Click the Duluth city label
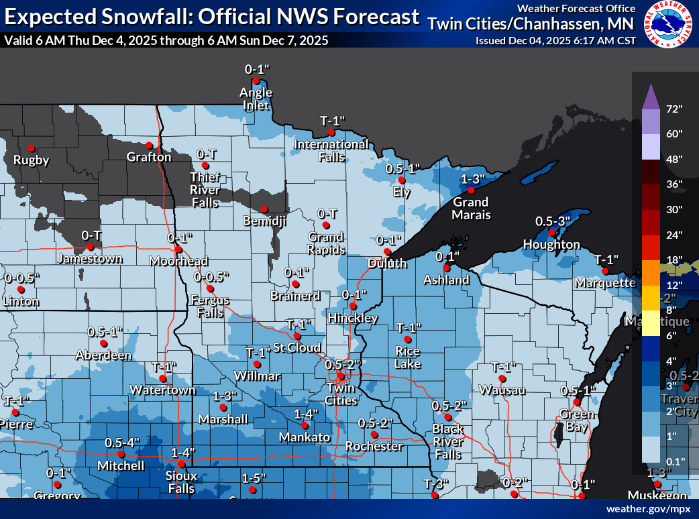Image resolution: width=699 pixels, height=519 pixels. point(387,264)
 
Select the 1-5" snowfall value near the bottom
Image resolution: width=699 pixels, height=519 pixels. point(254,478)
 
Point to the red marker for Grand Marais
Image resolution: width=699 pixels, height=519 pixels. point(472,190)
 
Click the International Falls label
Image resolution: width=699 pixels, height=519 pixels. point(331,150)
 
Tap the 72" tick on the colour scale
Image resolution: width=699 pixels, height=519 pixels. point(674,109)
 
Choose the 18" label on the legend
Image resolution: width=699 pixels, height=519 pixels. point(674,259)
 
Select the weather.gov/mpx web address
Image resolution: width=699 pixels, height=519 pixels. point(648,509)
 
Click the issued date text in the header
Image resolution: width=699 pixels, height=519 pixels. point(555,40)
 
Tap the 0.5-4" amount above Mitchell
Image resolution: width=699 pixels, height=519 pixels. point(122,443)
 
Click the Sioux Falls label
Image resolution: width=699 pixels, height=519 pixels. point(181,482)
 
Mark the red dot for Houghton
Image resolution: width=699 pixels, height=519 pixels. point(551,233)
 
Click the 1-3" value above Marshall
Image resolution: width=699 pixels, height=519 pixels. point(225,396)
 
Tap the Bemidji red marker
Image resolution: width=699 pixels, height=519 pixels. point(264,208)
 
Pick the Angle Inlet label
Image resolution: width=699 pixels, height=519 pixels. point(256,98)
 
